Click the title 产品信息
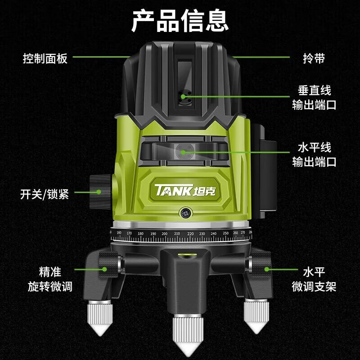pos(180,20)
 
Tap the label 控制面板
pos(45,58)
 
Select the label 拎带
pos(313,58)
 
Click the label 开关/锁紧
pos(45,195)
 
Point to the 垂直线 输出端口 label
pos(314,98)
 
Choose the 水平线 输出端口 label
pos(314,154)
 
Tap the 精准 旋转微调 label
pos(49,279)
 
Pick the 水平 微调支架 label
pos(314,279)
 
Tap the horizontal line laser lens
pos(183,151)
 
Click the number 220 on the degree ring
pos(190,234)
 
